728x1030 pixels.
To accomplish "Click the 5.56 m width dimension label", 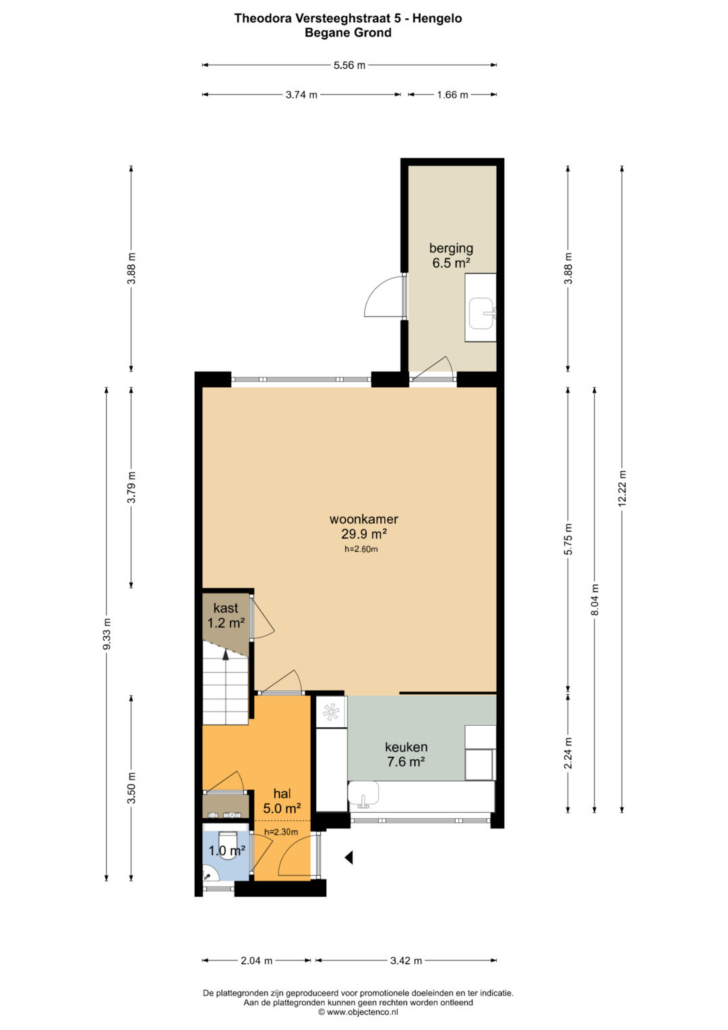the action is [349, 65].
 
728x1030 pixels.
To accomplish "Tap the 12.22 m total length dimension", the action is [622, 488].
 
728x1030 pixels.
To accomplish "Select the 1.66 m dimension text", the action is [452, 94].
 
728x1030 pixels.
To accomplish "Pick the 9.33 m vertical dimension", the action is [107, 634].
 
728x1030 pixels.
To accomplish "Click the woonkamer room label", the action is [363, 519].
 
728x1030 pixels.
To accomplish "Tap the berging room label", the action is [451, 248].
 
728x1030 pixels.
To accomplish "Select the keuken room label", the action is [406, 747].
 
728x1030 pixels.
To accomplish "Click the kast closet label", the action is [226, 608].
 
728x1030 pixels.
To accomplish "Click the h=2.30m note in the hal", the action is [281, 832].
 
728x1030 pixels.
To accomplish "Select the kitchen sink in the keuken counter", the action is [363, 795].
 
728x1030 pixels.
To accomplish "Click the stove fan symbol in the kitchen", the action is [331, 712].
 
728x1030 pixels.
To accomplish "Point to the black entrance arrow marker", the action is [349, 857].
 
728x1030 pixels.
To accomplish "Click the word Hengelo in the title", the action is [437, 18].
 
